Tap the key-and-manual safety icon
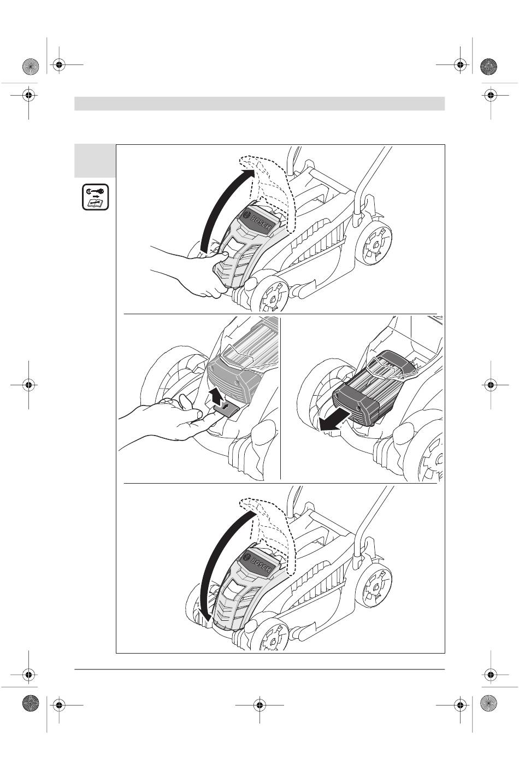95,197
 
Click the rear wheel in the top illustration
374,242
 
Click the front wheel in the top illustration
269,293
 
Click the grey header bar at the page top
259,103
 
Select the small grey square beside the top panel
95,161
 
